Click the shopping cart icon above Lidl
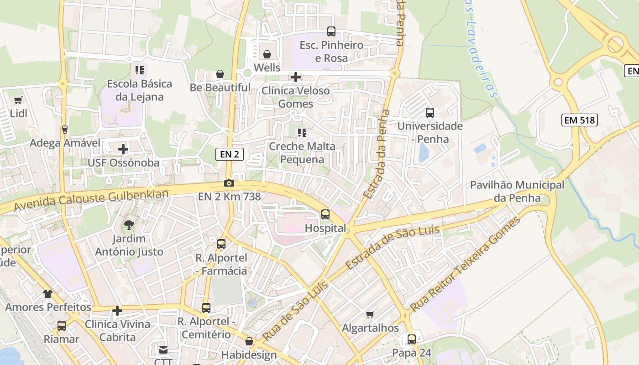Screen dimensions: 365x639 18,100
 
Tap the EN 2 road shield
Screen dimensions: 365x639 229,154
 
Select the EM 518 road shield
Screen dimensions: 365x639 579,120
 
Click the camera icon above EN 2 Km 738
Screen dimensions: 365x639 229,183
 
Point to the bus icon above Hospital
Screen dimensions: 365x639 325,214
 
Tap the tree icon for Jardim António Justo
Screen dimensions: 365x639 129,224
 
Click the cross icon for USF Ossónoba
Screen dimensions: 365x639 123,149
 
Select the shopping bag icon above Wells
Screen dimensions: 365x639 267,54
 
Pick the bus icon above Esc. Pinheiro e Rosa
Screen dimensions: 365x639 331,31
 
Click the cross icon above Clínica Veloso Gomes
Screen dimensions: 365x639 296,77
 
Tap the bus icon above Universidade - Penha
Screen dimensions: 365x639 429,112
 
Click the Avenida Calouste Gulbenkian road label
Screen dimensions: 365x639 91,200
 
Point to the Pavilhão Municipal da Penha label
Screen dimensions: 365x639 517,192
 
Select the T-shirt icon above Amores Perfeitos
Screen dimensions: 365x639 48,293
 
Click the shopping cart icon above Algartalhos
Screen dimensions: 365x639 370,314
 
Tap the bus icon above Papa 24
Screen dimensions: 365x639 412,339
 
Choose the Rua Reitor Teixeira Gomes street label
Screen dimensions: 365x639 466,265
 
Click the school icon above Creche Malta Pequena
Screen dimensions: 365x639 302,133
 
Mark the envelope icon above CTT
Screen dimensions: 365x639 163,350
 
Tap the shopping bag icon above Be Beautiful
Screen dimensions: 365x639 220,74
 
